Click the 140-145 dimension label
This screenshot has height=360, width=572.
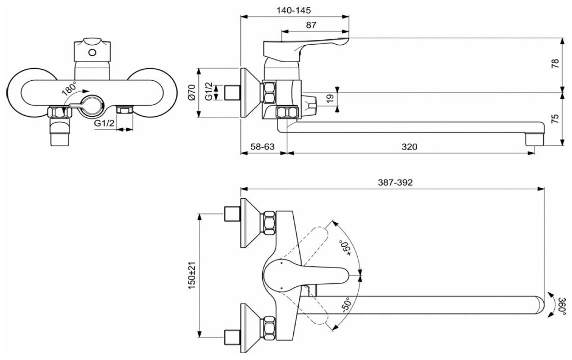click(295, 10)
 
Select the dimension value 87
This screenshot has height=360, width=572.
click(311, 26)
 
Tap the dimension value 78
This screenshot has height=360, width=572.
click(555, 63)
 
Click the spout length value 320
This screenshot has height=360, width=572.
click(410, 147)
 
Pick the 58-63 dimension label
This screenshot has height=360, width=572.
click(263, 147)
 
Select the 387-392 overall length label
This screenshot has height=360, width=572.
click(395, 182)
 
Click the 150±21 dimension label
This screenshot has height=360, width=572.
click(192, 275)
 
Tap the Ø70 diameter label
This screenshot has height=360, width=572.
click(192, 93)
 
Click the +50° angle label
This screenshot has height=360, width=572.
click(347, 247)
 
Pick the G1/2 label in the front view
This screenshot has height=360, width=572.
click(104, 123)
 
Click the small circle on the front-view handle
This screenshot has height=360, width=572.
click(93, 52)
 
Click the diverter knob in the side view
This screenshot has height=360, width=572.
click(311, 106)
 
